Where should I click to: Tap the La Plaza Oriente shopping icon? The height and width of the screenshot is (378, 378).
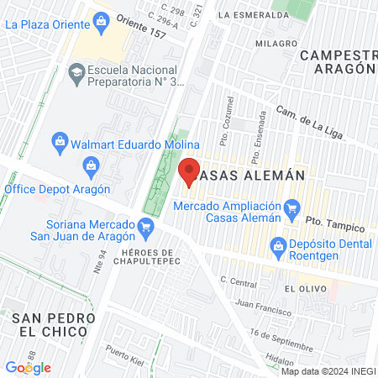point(102,20)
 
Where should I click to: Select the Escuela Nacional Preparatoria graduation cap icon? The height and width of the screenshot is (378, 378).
point(77,74)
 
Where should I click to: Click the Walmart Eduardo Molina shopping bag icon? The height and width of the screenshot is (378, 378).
point(60,139)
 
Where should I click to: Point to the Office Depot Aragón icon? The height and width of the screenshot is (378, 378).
point(91,166)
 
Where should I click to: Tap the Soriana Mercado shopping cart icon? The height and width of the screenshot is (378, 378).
point(146,225)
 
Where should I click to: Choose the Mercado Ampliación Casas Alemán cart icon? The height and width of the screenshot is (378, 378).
point(292,207)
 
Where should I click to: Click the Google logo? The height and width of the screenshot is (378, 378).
point(28,368)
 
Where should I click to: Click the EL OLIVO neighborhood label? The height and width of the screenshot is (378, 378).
point(301,288)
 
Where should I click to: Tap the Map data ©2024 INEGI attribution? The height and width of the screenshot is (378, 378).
point(328,371)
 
